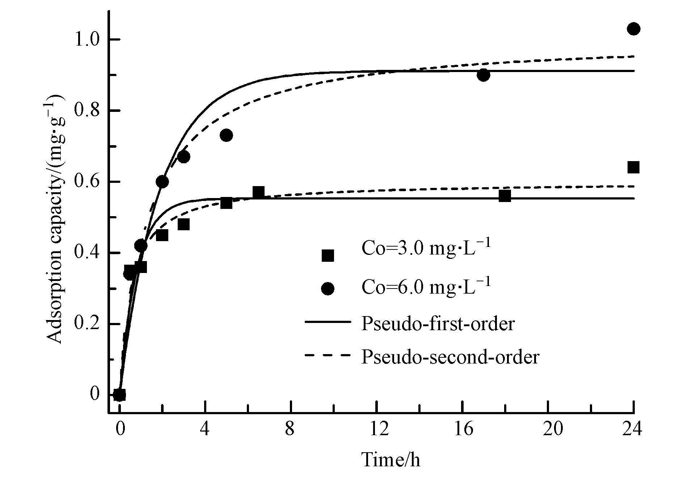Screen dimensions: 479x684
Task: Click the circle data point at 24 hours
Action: (x=633, y=29)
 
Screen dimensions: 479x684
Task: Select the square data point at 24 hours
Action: (x=633, y=167)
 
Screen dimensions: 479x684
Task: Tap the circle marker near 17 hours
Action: (x=484, y=75)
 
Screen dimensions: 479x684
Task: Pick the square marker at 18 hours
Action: (x=504, y=196)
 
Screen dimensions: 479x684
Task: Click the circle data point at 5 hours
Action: (x=226, y=135)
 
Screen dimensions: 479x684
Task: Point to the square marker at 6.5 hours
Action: (x=258, y=192)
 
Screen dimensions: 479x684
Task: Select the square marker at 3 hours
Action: (x=183, y=224)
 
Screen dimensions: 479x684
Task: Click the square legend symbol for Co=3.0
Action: (x=328, y=256)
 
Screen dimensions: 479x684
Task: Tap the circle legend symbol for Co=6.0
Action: (x=328, y=289)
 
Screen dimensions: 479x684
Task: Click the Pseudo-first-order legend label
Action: (x=438, y=323)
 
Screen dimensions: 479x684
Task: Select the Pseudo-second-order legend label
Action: (x=450, y=357)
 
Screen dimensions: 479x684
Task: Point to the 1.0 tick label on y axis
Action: (x=86, y=39)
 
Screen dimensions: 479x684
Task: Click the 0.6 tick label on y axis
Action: (x=86, y=182)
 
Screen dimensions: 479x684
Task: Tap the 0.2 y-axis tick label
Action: (x=86, y=324)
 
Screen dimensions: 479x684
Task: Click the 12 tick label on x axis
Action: (x=377, y=429)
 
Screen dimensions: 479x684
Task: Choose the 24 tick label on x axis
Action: (x=633, y=429)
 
